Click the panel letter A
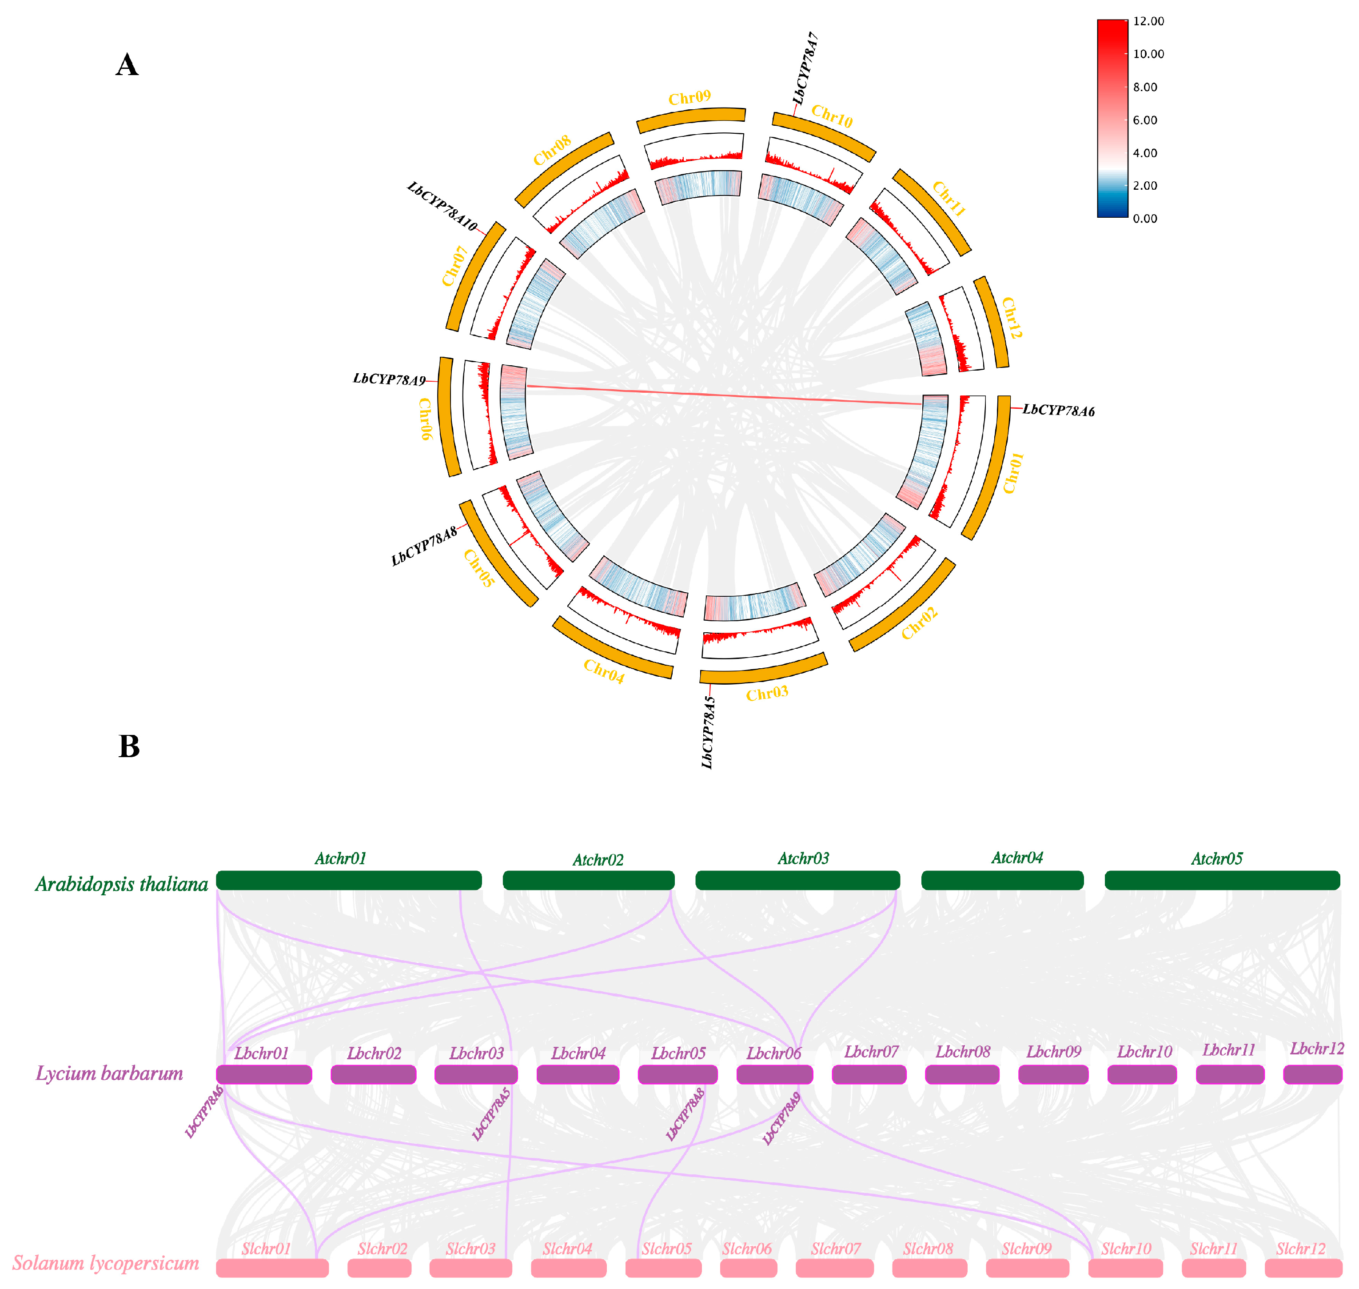(127, 65)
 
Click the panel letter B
(129, 746)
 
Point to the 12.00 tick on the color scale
(1148, 21)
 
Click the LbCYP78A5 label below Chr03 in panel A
(708, 732)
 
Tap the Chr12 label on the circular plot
(1011, 318)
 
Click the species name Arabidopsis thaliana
(122, 884)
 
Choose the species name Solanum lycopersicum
(106, 1263)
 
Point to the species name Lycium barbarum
(110, 1073)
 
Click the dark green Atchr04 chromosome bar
(1002, 880)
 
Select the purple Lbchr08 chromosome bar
(962, 1075)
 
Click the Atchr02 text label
(598, 860)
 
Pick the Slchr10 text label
(1125, 1249)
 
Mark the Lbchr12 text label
(1316, 1049)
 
